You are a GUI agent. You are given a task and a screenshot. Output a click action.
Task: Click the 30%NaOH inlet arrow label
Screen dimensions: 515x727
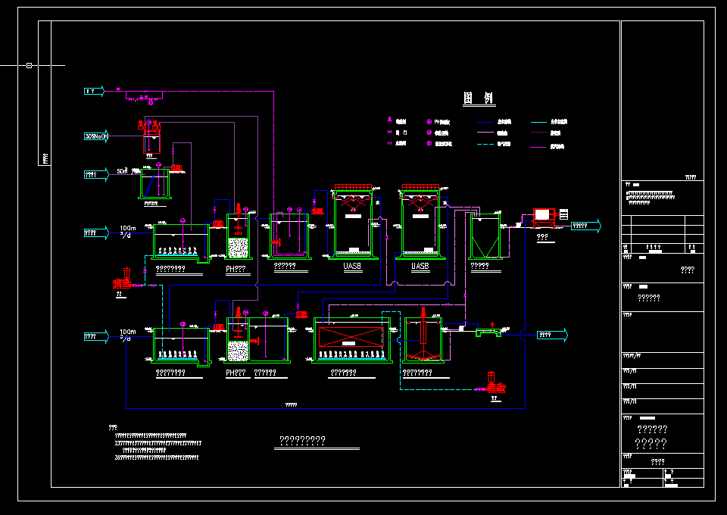95,136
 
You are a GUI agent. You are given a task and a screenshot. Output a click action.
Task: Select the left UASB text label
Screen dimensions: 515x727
352,267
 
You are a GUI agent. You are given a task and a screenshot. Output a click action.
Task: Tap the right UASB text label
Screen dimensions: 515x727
420,267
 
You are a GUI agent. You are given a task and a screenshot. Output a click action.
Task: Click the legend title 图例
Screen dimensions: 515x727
479,98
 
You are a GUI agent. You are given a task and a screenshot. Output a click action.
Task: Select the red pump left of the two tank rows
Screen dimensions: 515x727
121,281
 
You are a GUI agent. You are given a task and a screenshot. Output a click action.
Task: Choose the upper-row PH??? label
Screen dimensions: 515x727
236,268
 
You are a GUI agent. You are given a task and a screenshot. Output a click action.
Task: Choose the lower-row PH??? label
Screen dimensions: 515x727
236,373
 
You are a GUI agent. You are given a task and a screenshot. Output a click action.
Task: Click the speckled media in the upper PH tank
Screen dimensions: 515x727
239,248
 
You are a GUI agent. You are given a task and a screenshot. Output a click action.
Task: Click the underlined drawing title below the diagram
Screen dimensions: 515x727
303,440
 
